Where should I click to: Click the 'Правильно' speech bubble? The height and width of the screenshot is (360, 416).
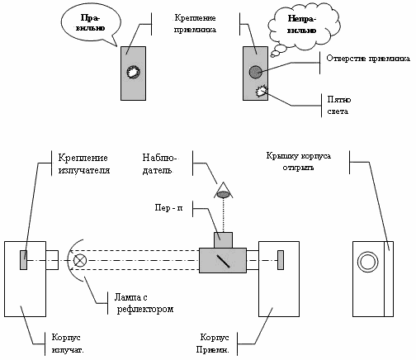pyautogui.click(x=91, y=23)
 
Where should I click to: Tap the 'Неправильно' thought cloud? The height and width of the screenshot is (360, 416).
pyautogui.click(x=303, y=26)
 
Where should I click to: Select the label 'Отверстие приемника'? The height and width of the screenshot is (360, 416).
pyautogui.click(x=368, y=59)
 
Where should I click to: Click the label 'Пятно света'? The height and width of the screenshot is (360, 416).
pyautogui.click(x=339, y=106)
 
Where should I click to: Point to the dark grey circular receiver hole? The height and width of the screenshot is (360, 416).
pyautogui.click(x=255, y=72)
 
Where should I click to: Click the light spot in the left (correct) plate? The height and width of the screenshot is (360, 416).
pyautogui.click(x=134, y=72)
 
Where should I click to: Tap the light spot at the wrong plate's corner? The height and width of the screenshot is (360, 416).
pyautogui.click(x=262, y=91)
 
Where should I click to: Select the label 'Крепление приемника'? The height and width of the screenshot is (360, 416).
pyautogui.click(x=195, y=24)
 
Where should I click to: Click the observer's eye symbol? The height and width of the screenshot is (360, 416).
pyautogui.click(x=224, y=194)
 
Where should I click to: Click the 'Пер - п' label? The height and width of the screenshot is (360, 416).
pyautogui.click(x=168, y=207)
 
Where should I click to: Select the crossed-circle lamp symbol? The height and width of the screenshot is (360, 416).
pyautogui.click(x=80, y=260)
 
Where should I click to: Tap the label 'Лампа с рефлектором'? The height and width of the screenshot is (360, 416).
pyautogui.click(x=144, y=303)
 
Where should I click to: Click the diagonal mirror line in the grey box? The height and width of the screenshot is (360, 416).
pyautogui.click(x=223, y=261)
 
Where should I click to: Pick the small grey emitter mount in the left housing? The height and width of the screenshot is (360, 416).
pyautogui.click(x=23, y=260)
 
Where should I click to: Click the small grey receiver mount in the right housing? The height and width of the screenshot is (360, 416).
pyautogui.click(x=281, y=260)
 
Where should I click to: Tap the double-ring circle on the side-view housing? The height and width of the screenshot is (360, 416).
pyautogui.click(x=367, y=262)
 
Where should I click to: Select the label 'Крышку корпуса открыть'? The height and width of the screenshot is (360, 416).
pyautogui.click(x=298, y=162)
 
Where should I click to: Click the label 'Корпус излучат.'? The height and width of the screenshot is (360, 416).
pyautogui.click(x=68, y=343)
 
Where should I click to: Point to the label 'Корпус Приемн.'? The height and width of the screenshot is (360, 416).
pyautogui.click(x=213, y=343)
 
